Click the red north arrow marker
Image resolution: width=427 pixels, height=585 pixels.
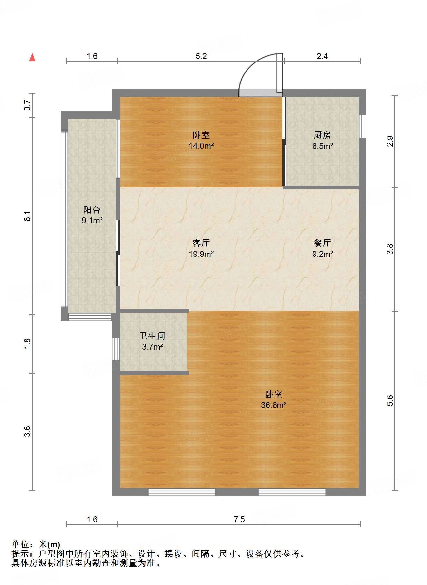32,57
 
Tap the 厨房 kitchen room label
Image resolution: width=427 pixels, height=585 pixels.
322,135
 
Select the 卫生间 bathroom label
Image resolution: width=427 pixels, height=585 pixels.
152,336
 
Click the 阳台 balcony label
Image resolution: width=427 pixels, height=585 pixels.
92,210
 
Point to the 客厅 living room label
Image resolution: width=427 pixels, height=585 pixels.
201,243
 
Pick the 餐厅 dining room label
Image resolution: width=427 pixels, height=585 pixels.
322,243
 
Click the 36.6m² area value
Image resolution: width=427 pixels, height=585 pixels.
274,405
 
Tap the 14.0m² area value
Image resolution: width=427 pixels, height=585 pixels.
201,146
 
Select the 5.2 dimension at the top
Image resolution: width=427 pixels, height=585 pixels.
201,56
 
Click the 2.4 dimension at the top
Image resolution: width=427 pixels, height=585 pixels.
322,56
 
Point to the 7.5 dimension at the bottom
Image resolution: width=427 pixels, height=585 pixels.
239,519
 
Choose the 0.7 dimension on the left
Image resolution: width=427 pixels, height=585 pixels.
28,105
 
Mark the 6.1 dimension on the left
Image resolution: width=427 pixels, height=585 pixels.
28,216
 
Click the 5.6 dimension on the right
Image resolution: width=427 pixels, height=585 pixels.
390,400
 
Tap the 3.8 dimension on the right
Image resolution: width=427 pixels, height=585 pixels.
390,249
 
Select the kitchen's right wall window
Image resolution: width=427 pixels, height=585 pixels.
363,126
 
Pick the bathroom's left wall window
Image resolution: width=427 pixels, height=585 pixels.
116,349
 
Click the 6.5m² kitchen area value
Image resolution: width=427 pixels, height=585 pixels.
322,146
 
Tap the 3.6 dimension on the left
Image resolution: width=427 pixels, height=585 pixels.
28,431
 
